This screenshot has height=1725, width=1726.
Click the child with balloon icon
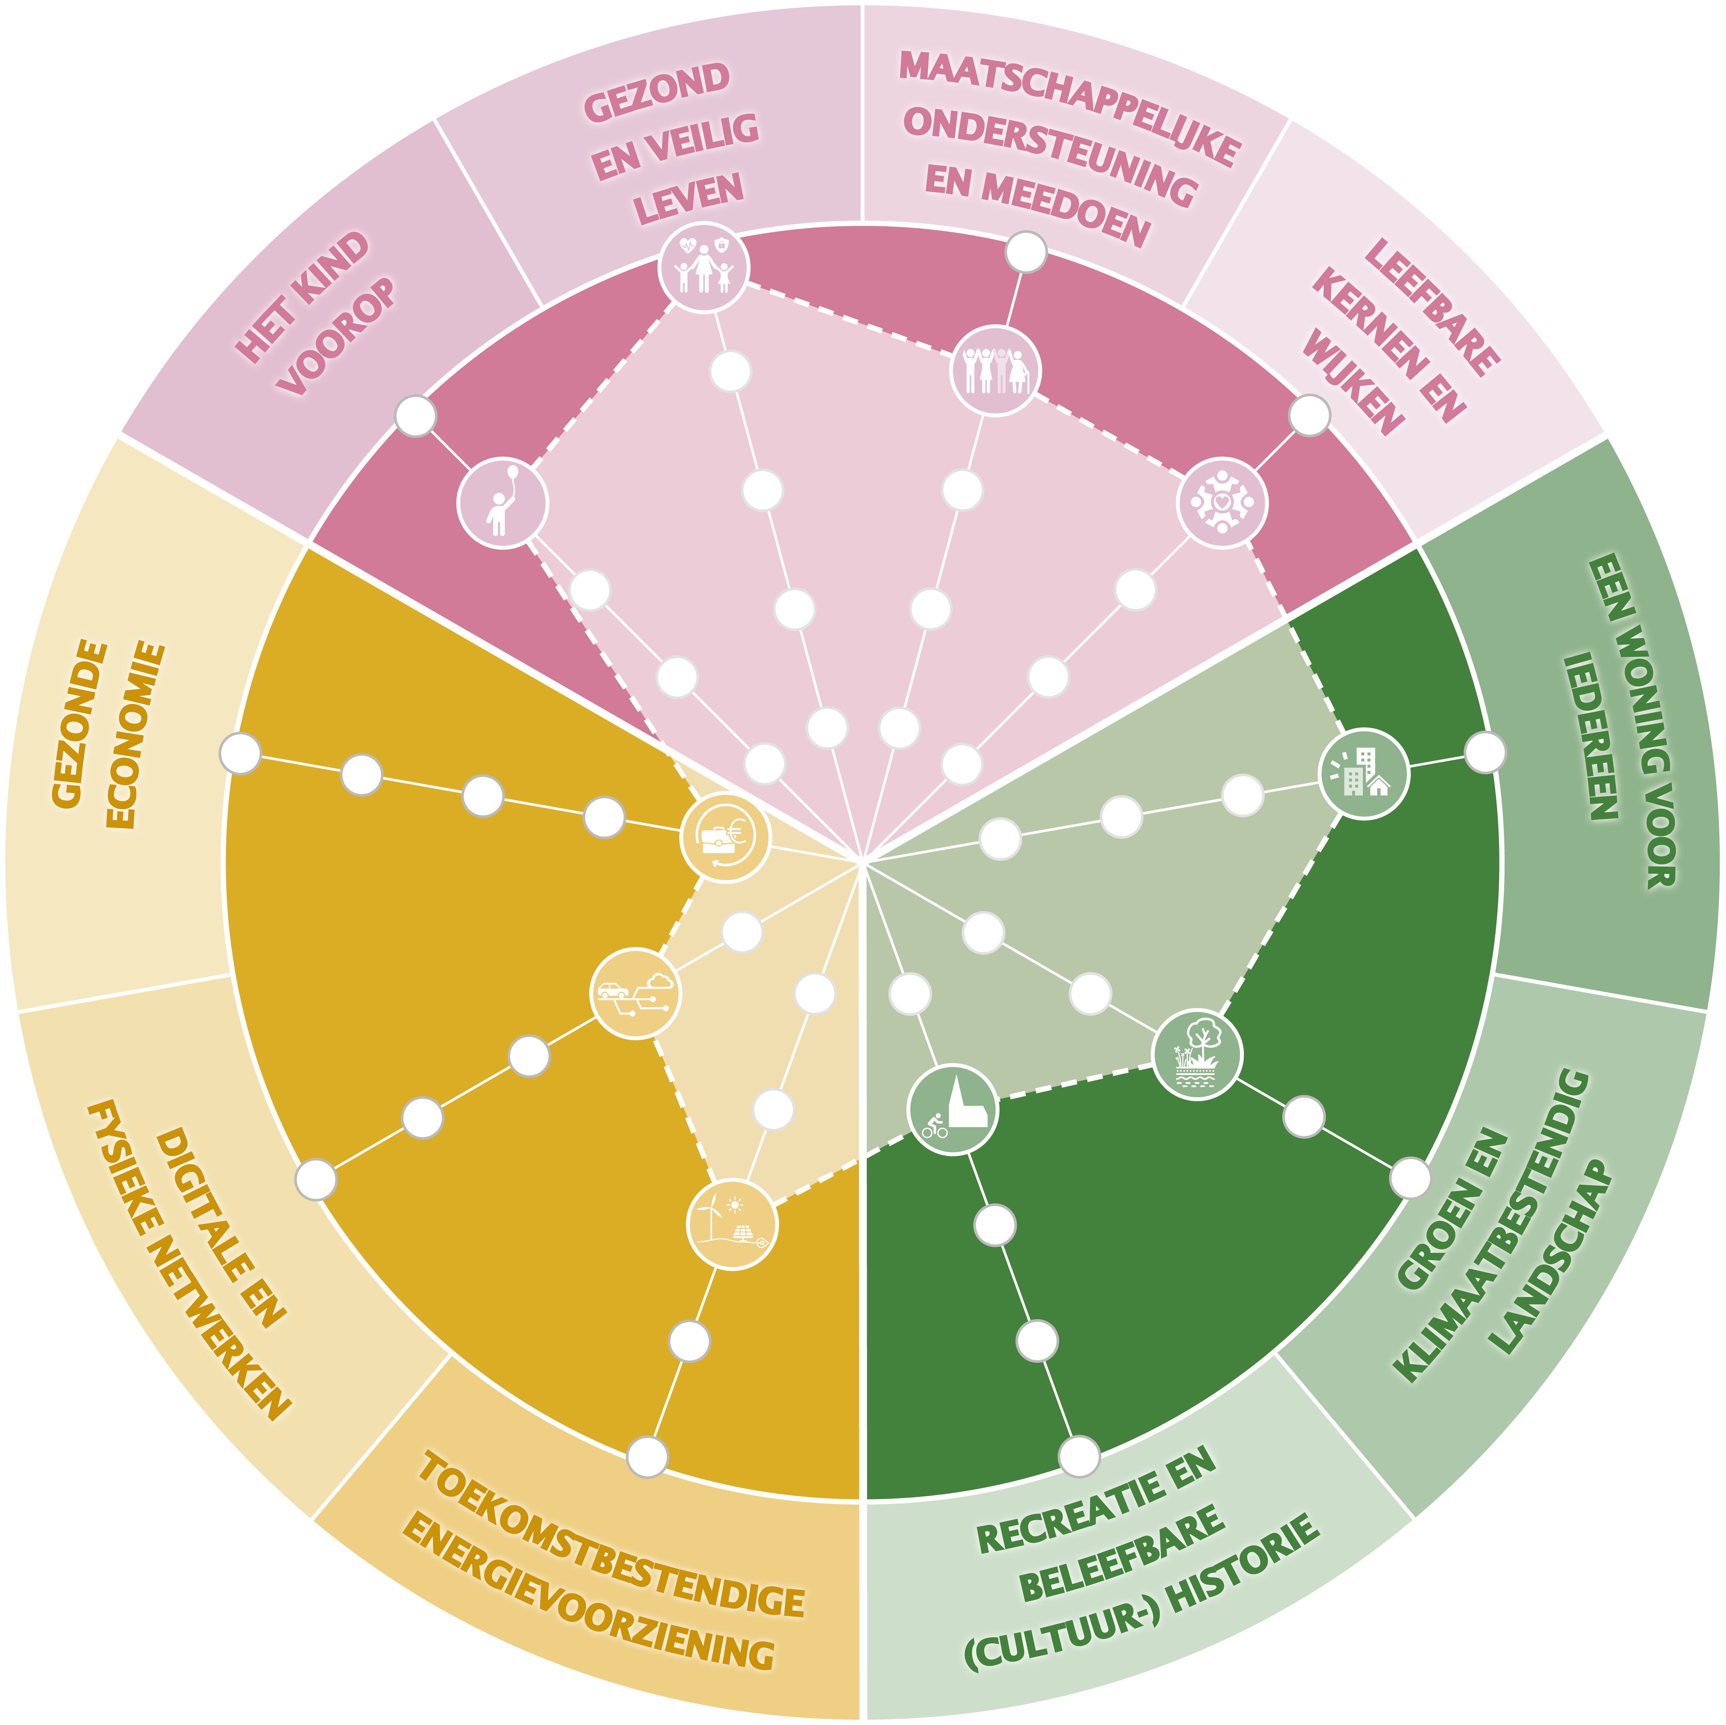(x=502, y=503)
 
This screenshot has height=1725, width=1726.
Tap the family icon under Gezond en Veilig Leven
(x=704, y=267)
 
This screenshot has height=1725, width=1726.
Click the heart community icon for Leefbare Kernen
(x=1222, y=503)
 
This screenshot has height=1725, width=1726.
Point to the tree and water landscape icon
(x=1197, y=1054)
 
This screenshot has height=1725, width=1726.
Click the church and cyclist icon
(x=952, y=1109)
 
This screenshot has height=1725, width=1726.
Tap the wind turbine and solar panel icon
(x=732, y=1225)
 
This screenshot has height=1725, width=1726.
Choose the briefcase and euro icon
(x=725, y=838)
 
